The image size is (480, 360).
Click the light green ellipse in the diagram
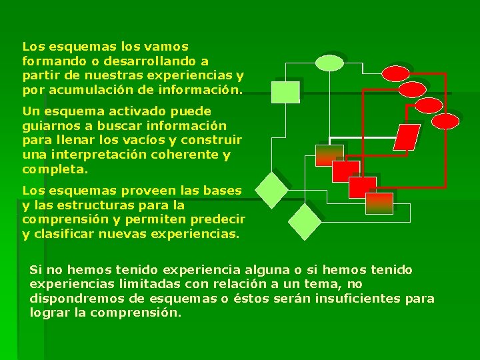tap(328, 63)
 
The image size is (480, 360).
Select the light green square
tap(285, 92)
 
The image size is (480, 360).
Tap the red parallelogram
tap(407, 137)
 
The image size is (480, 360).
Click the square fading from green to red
tap(329, 155)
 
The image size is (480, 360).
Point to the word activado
tap(115, 111)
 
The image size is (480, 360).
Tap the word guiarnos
tap(47, 125)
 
